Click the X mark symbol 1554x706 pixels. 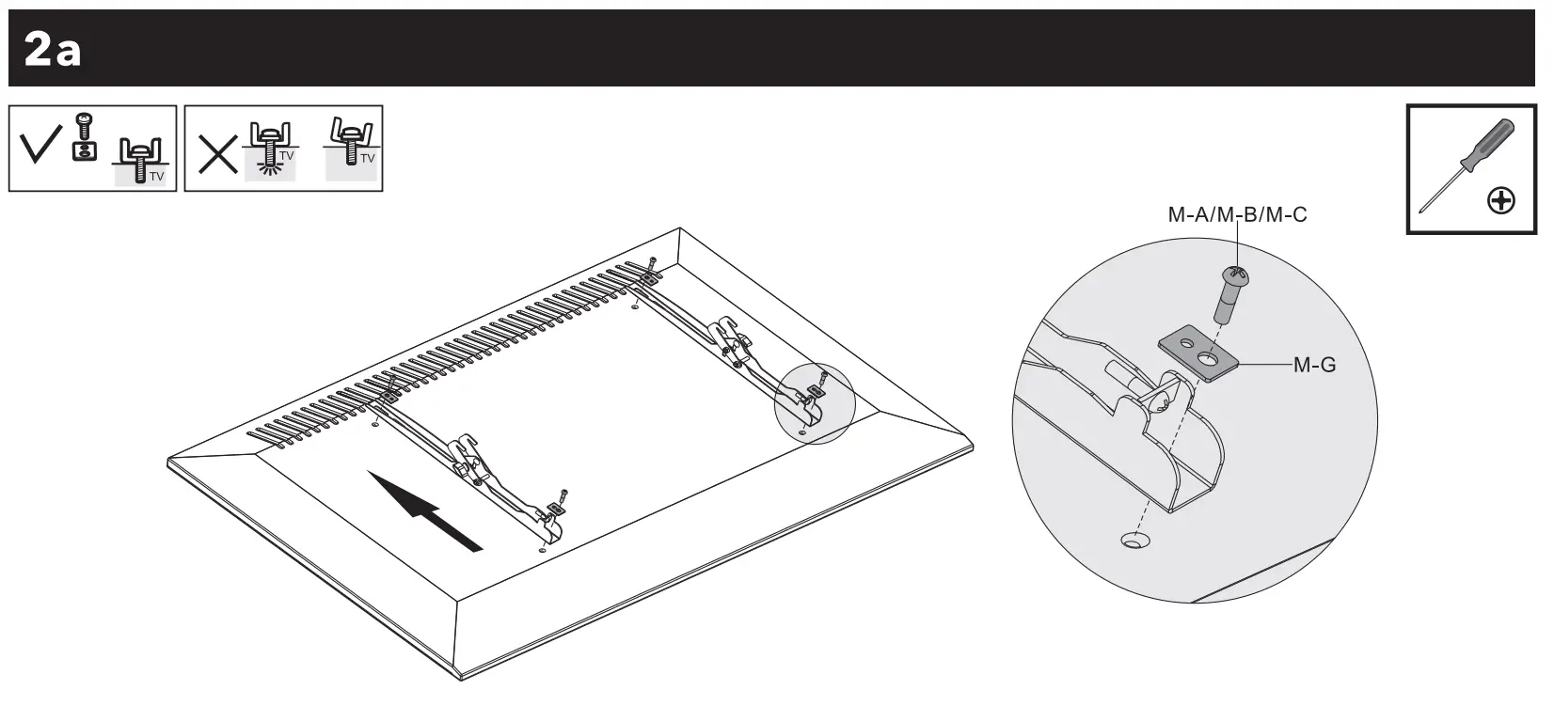coord(217,155)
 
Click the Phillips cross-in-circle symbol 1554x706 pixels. coord(1500,200)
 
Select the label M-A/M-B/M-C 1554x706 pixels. coord(1237,215)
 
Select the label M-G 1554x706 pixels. coord(1314,365)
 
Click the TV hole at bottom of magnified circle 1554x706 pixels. coord(1134,541)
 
